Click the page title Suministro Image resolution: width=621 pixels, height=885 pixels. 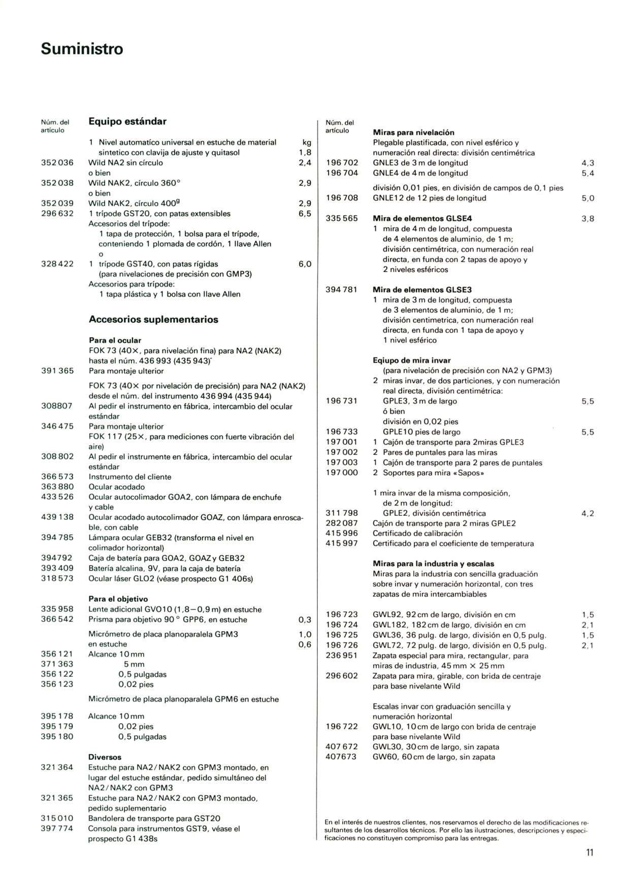click(82, 49)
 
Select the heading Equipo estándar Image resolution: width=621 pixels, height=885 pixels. click(127, 121)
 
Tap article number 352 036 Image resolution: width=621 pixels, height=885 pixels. click(57, 163)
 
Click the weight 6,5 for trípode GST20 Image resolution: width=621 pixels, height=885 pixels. click(305, 214)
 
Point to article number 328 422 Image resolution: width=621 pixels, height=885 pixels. click(57, 264)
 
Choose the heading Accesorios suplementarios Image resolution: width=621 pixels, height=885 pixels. click(153, 319)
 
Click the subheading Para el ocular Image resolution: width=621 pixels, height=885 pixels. click(115, 340)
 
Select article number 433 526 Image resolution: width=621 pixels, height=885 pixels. click(57, 497)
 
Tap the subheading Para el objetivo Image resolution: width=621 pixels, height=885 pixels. click(118, 599)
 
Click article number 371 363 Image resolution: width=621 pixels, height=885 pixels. click(57, 664)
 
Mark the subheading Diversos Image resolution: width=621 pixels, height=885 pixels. click(105, 757)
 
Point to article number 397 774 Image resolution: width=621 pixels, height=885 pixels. click(57, 829)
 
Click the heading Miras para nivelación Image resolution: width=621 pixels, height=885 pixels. click(413, 133)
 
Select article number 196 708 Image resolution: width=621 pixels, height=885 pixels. click(342, 198)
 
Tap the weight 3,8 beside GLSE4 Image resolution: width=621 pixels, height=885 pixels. click(587, 219)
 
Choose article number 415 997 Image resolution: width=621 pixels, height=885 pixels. click(342, 544)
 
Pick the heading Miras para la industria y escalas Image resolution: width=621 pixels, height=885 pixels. click(433, 564)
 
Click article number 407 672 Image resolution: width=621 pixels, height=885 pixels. click(342, 747)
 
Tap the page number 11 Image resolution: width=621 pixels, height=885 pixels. click(589, 853)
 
